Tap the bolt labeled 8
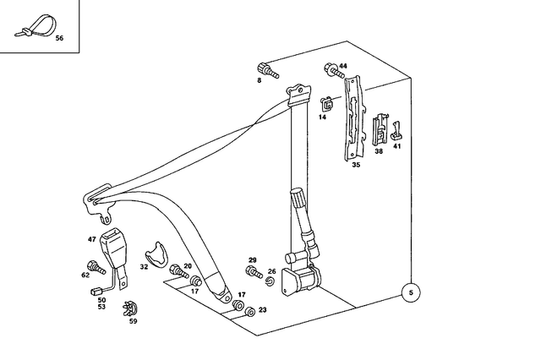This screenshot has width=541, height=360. pyautogui.click(x=265, y=70)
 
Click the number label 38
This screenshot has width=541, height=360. pyautogui.click(x=379, y=151)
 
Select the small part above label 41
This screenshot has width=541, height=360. pyautogui.click(x=396, y=130)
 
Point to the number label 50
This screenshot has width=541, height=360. pyautogui.click(x=102, y=300)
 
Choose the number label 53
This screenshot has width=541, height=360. pyautogui.click(x=102, y=308)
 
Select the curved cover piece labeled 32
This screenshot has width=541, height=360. pyautogui.click(x=156, y=251)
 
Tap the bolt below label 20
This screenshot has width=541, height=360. pyautogui.click(x=180, y=273)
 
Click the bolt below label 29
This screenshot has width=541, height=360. pyautogui.click(x=254, y=271)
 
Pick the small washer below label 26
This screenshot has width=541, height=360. pyautogui.click(x=270, y=281)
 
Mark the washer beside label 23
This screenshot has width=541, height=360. pyautogui.click(x=249, y=312)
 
